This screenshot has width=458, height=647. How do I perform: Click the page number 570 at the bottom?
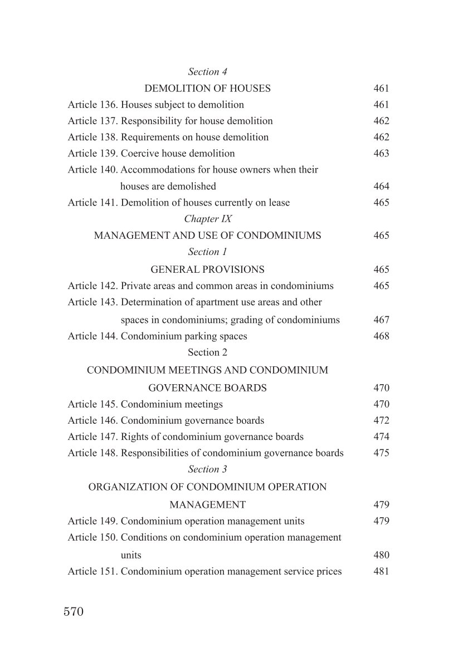[x=74, y=612]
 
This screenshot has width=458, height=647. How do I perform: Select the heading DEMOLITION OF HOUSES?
[x=207, y=88]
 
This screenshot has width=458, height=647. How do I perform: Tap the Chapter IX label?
[x=208, y=219]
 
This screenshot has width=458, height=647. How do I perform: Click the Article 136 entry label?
[x=92, y=104]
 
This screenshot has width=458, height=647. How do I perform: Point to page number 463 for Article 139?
[x=381, y=153]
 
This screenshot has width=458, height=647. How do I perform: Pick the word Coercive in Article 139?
[x=139, y=153]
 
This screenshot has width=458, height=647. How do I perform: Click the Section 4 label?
[x=208, y=72]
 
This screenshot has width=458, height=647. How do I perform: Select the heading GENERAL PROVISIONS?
[x=207, y=269]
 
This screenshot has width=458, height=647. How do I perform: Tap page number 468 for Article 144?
[x=381, y=336]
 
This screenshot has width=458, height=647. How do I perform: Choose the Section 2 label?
[x=207, y=352]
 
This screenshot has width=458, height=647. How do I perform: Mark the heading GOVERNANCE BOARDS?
[x=207, y=388]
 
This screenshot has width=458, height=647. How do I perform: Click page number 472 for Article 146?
[x=381, y=420]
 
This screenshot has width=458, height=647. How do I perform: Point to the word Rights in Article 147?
[x=134, y=437]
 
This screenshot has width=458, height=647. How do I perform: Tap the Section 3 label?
[x=208, y=469]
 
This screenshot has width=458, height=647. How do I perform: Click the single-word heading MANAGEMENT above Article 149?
[x=207, y=505]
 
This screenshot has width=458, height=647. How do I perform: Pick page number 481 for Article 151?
[x=381, y=571]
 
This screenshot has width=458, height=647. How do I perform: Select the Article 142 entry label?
[x=92, y=286]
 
